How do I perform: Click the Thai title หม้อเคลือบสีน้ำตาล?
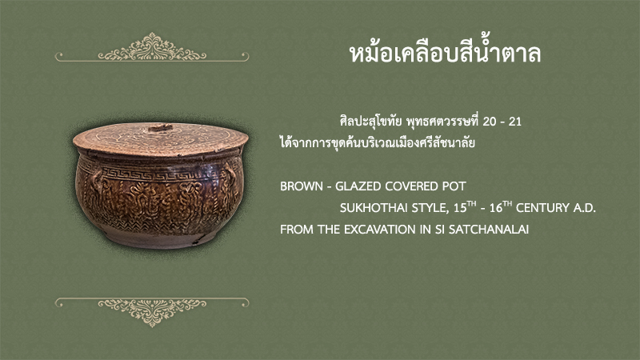tap(445, 52)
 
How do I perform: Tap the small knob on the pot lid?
tap(160, 128)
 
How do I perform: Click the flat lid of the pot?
tap(161, 138)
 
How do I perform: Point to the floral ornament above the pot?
tap(152, 47)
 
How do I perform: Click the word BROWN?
tap(302, 186)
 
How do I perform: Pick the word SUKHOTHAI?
tap(374, 208)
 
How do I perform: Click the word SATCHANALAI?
tap(489, 230)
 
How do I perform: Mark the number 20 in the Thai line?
tap(489, 122)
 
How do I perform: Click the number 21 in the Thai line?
tap(515, 122)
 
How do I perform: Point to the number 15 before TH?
tap(460, 208)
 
